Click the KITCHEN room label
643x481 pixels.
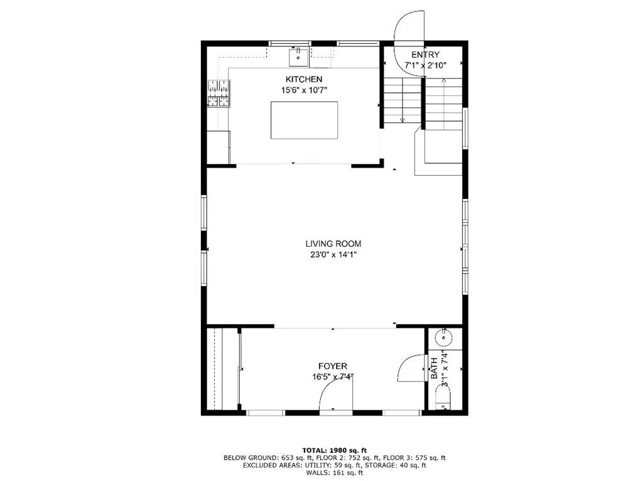[304, 79]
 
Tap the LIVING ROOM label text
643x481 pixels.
[333, 244]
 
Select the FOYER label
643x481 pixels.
[333, 366]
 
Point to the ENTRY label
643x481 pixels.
[425, 55]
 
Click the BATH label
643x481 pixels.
[434, 369]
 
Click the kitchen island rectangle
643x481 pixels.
[305, 120]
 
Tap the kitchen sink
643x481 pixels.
[298, 58]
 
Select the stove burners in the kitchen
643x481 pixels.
[219, 93]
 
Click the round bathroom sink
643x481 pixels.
[444, 337]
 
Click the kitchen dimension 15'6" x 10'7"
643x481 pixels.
[304, 90]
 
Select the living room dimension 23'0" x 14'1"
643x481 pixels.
[333, 255]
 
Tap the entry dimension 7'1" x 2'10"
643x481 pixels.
[425, 65]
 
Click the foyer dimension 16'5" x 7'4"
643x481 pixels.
[333, 377]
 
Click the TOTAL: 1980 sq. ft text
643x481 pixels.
[334, 450]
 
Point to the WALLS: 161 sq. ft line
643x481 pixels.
[334, 473]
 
